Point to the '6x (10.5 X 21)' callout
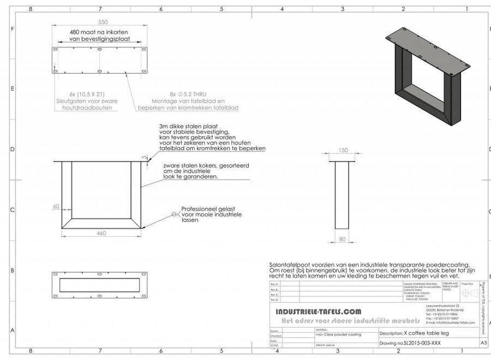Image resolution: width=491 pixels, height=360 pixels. click(x=87, y=94)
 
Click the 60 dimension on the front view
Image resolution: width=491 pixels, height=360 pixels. click(x=56, y=206)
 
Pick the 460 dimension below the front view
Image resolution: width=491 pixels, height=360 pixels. click(x=101, y=233)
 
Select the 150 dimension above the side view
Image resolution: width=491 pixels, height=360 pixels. click(x=343, y=150)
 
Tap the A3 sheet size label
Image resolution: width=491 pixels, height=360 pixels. click(x=483, y=343)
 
